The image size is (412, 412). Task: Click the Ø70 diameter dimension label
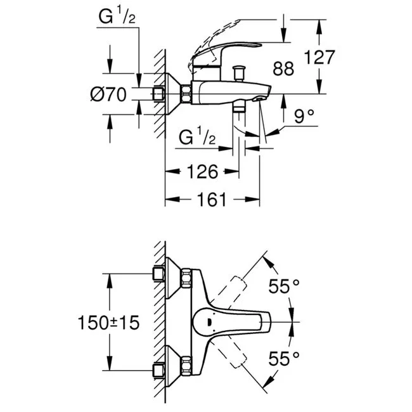108,94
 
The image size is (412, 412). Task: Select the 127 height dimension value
319,57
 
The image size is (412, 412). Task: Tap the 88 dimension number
283,68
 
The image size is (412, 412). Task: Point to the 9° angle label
304,116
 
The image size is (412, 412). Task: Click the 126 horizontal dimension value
202,172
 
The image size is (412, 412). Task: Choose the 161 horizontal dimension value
212,199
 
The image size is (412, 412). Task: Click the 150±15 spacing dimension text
108,323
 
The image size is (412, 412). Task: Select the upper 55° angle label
284,286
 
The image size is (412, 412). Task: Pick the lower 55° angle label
284,358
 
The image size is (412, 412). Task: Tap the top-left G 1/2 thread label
117,16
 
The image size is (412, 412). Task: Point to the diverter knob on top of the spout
239,74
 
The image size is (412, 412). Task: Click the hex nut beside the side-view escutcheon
186,94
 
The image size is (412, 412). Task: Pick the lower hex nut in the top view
186,365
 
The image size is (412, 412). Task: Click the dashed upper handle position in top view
228,292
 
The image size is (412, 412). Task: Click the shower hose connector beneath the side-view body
239,107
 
